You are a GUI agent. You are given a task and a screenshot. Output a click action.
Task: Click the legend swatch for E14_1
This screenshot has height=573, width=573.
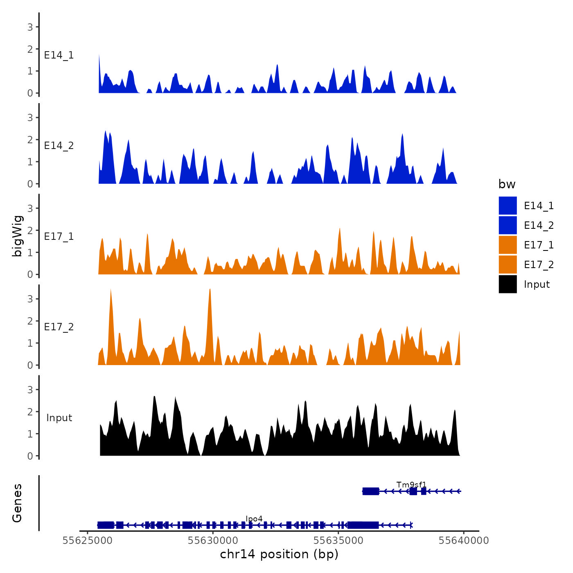tap(508, 205)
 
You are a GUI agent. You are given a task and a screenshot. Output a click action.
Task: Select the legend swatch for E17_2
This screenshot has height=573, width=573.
tap(508, 264)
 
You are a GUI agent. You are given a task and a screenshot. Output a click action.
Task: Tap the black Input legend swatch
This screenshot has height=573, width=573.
tap(508, 284)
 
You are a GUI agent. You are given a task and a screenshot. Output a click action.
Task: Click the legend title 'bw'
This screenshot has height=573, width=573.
tap(507, 184)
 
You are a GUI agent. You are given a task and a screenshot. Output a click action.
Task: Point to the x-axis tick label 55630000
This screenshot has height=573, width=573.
tap(213, 541)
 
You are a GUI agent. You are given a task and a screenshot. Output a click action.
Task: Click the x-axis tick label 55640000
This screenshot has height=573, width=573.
tap(464, 541)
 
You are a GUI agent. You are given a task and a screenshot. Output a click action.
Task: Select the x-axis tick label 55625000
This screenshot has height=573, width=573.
tap(87, 541)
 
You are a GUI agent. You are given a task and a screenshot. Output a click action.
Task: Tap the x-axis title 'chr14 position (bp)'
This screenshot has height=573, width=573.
tap(279, 554)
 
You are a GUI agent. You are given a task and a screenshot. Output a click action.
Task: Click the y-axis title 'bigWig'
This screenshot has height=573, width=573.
tap(18, 236)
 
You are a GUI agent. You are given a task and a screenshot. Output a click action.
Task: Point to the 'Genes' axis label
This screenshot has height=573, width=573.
tap(18, 503)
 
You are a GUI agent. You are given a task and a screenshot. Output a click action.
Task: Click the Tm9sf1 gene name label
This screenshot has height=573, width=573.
tap(411, 485)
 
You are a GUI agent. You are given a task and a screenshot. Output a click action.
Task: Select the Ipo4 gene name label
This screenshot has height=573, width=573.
tap(254, 519)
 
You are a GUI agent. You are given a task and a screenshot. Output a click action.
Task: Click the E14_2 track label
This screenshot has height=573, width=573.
tap(59, 146)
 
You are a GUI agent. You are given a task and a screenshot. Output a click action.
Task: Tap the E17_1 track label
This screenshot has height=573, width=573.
tap(59, 237)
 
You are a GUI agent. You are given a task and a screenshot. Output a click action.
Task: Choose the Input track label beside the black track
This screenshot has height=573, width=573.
tap(59, 418)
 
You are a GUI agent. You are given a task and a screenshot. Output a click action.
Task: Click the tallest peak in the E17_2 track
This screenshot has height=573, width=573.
tap(210, 290)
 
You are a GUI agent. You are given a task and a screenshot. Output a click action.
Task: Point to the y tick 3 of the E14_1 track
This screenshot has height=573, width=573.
tap(30, 27)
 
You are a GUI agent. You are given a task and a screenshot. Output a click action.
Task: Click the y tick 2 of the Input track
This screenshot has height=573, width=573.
tap(30, 412)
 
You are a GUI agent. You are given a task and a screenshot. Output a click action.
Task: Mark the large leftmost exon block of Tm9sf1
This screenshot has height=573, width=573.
tap(371, 491)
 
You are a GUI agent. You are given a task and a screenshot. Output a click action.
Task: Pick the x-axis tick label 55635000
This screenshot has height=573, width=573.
tap(338, 541)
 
